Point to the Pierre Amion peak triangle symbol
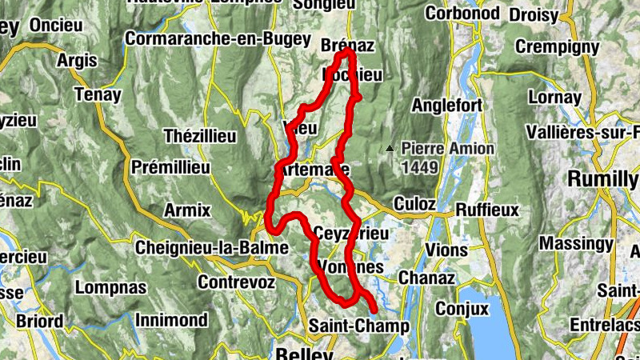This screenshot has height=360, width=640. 390,148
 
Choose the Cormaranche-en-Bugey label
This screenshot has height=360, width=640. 206,38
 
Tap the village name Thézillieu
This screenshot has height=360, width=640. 200,136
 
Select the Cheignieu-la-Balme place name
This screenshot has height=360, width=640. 212,247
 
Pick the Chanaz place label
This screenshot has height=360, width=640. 425,279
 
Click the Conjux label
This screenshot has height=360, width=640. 462,307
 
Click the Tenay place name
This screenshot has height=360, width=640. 98,95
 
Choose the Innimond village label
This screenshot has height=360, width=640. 171,320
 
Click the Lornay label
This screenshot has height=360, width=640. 554,98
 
